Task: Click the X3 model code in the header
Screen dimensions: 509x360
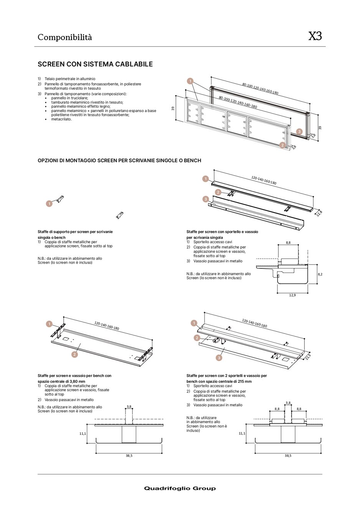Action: (315, 36)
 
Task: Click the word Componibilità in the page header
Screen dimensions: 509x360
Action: (64, 37)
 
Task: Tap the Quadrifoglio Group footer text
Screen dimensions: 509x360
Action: (180, 488)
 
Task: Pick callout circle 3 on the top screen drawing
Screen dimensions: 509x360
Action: (299, 132)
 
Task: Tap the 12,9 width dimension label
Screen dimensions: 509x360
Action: (292, 295)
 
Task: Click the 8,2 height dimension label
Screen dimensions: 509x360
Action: (320, 274)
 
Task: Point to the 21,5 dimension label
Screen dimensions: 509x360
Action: (308, 357)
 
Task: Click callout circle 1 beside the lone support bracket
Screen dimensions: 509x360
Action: (49, 204)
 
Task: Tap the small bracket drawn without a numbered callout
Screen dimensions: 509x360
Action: (120, 216)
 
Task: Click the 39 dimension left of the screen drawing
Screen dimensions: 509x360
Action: (173, 109)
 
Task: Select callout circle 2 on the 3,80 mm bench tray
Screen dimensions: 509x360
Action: (74, 354)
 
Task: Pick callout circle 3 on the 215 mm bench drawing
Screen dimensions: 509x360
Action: (219, 358)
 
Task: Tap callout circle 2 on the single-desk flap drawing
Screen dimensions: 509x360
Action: (218, 192)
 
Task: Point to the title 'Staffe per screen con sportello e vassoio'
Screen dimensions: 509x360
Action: (222, 232)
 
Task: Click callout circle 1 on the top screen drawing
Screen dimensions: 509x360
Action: (190, 81)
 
